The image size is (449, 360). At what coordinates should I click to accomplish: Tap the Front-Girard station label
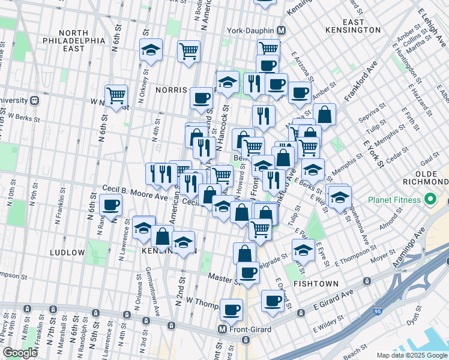(x=249, y=329)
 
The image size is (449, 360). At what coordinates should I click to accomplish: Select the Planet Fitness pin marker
(x=430, y=199)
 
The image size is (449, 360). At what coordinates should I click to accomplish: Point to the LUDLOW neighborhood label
(x=68, y=253)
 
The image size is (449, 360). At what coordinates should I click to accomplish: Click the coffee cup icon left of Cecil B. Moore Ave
(x=111, y=205)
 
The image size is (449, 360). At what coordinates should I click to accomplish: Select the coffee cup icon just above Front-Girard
(x=232, y=310)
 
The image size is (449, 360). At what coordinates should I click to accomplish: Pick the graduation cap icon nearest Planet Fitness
(x=340, y=196)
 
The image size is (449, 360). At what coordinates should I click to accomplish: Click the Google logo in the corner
(x=20, y=352)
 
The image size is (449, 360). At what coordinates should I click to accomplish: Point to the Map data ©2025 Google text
(x=411, y=355)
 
